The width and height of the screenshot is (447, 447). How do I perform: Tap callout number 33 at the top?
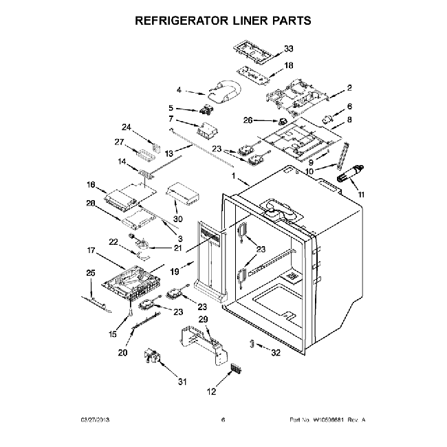tap(288, 48)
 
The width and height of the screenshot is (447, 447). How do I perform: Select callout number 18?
tap(288, 65)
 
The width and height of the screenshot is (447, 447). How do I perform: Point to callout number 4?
tap(179, 90)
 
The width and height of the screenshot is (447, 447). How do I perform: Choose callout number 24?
tap(126, 127)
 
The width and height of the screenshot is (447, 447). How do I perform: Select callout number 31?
tap(182, 382)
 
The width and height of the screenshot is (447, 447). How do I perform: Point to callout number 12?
tap(211, 391)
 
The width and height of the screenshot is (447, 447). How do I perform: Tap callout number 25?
tap(90, 273)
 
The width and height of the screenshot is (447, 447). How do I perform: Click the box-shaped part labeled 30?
tap(183, 193)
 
